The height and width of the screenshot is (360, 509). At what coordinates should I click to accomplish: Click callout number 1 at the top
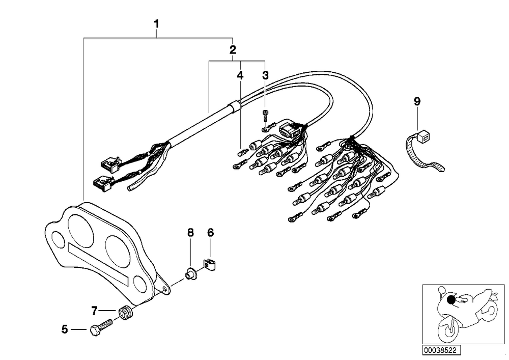pos(156,24)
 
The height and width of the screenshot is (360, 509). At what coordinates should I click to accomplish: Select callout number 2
pos(233,50)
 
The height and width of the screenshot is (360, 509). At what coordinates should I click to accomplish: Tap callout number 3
pos(266,75)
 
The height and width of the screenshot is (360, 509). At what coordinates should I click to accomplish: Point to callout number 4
pos(240,75)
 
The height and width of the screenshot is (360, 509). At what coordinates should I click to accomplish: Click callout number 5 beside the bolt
pos(65,329)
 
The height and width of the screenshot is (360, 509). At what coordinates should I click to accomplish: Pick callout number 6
pos(211,232)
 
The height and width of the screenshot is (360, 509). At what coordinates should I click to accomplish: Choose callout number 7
pos(94,311)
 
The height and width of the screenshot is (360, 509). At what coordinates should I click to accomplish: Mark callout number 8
pos(190,232)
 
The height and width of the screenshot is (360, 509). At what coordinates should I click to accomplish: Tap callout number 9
pos(417,102)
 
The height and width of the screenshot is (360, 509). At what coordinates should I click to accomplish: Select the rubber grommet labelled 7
pos(126,312)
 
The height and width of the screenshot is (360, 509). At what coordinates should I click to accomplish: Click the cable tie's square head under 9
pos(421,137)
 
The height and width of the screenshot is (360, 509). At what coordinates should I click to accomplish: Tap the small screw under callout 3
pos(266,116)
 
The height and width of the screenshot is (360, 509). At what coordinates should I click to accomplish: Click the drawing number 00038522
pos(441,351)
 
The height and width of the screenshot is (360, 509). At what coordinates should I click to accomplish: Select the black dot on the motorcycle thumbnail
pos(451,299)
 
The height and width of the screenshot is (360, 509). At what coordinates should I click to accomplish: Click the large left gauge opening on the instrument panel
pos(81,229)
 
